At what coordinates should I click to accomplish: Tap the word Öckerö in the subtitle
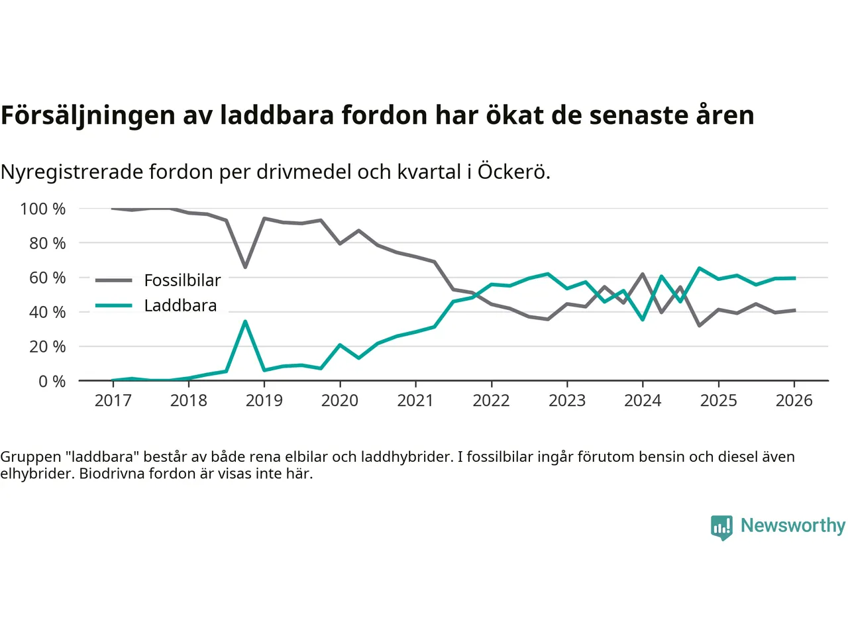pos(513,172)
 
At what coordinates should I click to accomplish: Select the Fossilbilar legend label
pos(182,280)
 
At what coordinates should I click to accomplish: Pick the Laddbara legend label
pos(180,305)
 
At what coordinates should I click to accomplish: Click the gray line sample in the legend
pos(113,280)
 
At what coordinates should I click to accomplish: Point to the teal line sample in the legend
pos(113,305)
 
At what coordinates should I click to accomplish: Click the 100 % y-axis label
pos(43,209)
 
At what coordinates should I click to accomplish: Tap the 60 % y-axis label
pos(47,278)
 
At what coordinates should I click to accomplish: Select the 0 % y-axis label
pos(52,382)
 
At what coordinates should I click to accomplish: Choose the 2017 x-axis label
pos(113,401)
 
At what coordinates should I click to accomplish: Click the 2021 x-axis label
pos(415,401)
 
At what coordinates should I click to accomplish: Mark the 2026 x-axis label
pos(794,401)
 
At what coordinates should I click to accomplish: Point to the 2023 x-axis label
pos(567,401)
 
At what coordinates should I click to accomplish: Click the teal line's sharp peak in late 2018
pos(245,322)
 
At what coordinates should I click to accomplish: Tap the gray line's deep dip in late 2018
pos(245,266)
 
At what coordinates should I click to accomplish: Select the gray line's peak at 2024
pos(643,274)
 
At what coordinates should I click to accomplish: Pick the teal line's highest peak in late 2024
pos(700,268)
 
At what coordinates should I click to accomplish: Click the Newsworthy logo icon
pos(721,527)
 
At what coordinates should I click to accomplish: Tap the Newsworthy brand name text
pos(792,525)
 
